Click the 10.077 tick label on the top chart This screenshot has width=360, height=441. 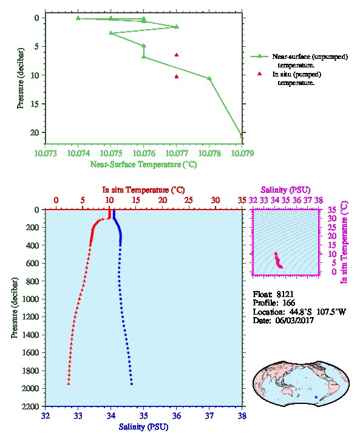click(177, 153)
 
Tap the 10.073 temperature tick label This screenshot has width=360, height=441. click(46, 153)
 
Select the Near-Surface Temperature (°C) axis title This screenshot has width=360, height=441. click(143, 164)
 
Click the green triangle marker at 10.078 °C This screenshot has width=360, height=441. click(209, 78)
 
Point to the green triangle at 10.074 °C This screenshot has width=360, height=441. click(78, 18)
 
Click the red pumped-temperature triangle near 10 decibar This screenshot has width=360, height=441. click(177, 77)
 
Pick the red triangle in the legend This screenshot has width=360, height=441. click(259, 73)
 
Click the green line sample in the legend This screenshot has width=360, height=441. click(259, 56)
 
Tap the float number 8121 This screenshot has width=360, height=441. click(285, 294)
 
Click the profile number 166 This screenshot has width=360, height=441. click(288, 303)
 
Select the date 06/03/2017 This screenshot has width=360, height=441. click(294, 320)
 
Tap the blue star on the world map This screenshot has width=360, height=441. click(316, 397)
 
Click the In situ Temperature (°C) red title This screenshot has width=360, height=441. click(143, 190)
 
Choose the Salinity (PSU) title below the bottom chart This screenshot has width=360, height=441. click(143, 427)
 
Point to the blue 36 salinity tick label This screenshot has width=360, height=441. click(177, 415)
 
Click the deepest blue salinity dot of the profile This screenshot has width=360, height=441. click(132, 384)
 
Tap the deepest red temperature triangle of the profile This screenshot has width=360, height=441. click(69, 384)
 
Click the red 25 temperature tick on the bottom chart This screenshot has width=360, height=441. click(189, 200)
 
